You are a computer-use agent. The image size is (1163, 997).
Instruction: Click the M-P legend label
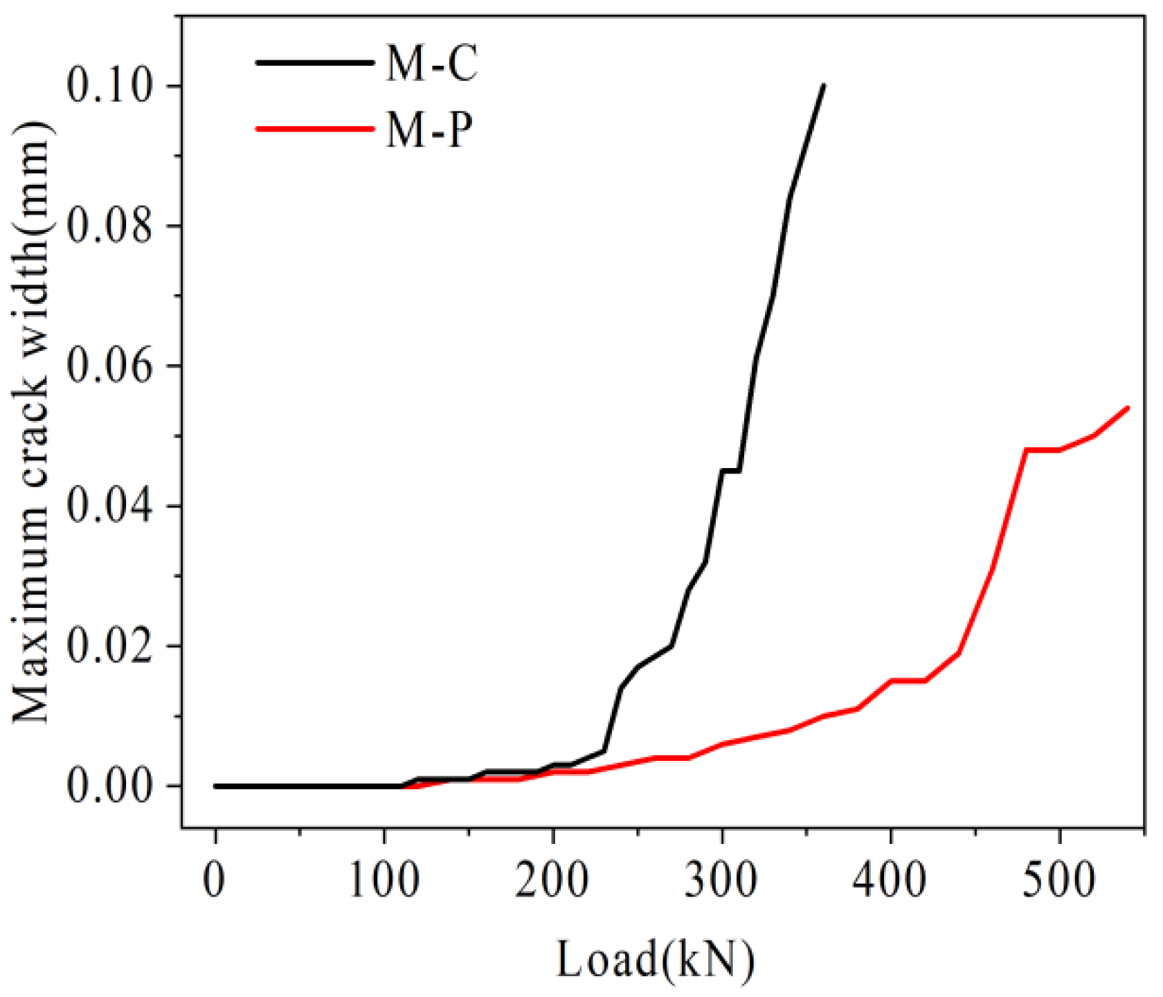click(x=429, y=129)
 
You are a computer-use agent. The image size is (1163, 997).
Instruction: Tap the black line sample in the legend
click(x=315, y=62)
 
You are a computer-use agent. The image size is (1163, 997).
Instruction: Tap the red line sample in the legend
click(x=315, y=128)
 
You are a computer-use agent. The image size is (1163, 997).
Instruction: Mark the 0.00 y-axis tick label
click(x=109, y=787)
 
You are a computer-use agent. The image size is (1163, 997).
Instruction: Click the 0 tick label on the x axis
click(x=215, y=881)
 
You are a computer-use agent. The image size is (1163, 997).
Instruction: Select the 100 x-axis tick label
click(x=384, y=881)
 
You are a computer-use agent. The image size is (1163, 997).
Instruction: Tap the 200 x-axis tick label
click(x=553, y=881)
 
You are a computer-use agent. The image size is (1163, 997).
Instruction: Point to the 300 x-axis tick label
click(x=722, y=881)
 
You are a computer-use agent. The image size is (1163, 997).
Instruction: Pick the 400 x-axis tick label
click(x=891, y=881)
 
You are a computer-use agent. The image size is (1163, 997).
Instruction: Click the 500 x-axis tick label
click(x=1060, y=881)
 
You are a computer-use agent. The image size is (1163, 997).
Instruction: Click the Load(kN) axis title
click(x=655, y=961)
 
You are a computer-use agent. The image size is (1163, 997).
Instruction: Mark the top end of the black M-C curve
click(x=823, y=86)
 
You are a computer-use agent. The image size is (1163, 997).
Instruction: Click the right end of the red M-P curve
click(x=1128, y=408)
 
